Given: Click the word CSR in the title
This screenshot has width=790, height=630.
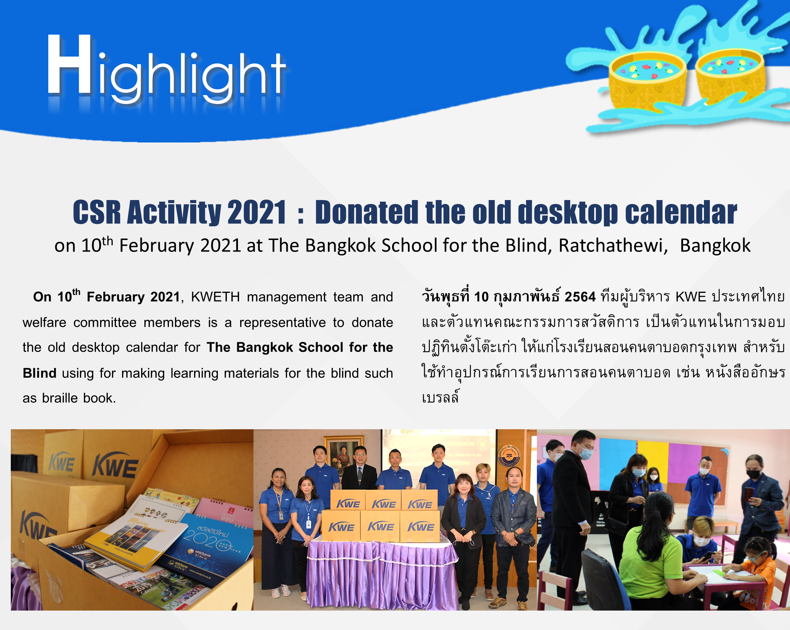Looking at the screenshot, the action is tap(97, 212).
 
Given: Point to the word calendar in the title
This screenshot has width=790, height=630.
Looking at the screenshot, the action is tap(681, 212).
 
